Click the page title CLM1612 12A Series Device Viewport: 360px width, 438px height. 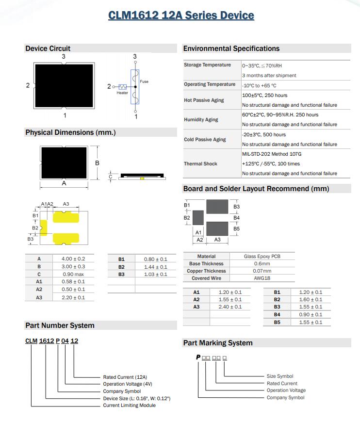(181, 16)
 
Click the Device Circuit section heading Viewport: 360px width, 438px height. (48, 49)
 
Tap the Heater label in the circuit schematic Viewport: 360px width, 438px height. (122, 93)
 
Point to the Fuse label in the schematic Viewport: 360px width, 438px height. (144, 81)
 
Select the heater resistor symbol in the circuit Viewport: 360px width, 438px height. (122, 87)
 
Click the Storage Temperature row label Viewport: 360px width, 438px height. (207, 65)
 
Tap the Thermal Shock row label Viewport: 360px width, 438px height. (200, 164)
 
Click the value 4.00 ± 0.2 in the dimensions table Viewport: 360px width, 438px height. (73, 259)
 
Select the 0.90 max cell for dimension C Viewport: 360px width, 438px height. (73, 274)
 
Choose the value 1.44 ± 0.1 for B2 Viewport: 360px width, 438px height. (155, 267)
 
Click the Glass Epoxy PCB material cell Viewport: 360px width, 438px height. (262, 257)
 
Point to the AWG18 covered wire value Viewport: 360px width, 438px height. (262, 278)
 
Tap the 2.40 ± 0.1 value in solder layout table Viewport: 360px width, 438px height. (230, 307)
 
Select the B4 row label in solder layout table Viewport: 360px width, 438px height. (277, 314)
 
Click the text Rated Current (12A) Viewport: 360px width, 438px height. (125, 377)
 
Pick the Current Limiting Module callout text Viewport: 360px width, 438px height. (129, 406)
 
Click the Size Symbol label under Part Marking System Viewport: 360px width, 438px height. (280, 376)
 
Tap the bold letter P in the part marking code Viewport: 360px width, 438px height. (198, 357)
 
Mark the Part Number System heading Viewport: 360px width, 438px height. (60, 325)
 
